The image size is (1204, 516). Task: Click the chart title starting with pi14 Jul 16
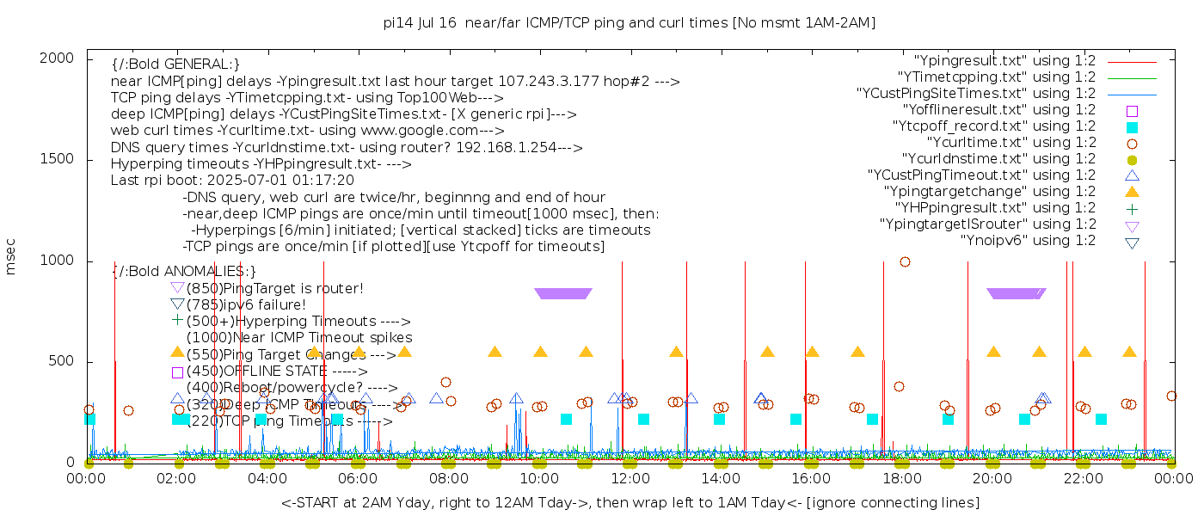click(x=630, y=23)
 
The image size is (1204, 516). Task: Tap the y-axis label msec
click(x=11, y=256)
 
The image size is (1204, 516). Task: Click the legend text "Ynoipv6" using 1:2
click(x=1028, y=241)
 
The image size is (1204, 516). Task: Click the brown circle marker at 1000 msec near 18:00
click(x=905, y=261)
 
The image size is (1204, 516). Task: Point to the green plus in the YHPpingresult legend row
click(x=1132, y=209)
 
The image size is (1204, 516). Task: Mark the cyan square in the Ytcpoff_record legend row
click(x=1132, y=127)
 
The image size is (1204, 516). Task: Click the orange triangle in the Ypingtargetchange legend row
click(x=1132, y=192)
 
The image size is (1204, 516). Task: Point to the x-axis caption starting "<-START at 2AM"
click(x=630, y=502)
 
